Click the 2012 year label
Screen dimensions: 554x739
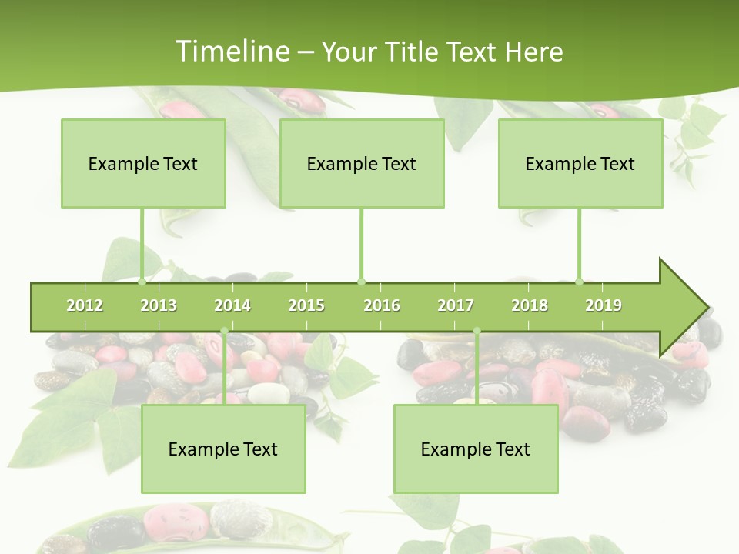point(85,305)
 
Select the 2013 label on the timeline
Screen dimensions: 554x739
point(159,305)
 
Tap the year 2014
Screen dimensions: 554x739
point(232,305)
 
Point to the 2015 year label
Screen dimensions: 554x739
point(306,305)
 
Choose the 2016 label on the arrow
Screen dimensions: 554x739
point(382,305)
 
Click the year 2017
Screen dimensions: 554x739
point(456,305)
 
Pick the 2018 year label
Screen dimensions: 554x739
point(530,305)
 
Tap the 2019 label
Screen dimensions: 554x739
point(604,305)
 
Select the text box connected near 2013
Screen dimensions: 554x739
point(143,163)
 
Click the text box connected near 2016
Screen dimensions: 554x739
point(362,163)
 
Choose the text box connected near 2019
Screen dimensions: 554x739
point(580,163)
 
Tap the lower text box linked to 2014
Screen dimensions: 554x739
point(223,449)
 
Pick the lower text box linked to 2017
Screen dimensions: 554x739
point(476,449)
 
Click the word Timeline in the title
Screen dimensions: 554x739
point(231,52)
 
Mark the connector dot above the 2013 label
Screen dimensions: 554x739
point(142,282)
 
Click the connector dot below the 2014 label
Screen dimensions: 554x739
point(224,332)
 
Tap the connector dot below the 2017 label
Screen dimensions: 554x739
point(477,332)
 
